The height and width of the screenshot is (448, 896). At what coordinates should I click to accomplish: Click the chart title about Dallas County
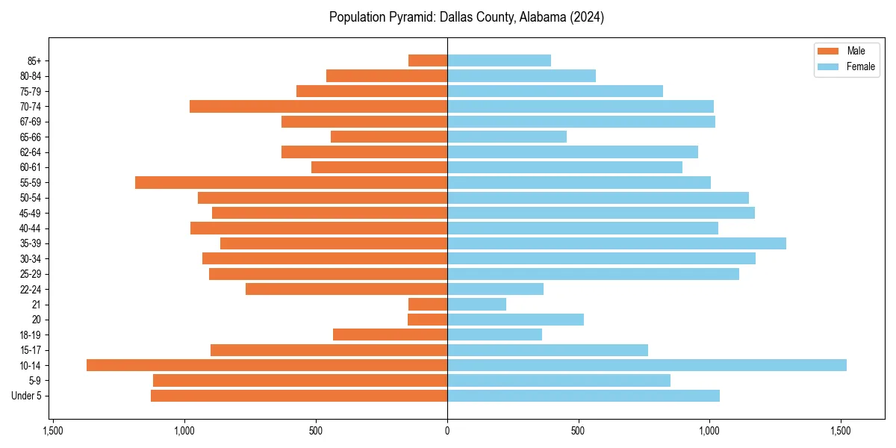point(467,17)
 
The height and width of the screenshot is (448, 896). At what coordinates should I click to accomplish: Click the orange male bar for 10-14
point(267,365)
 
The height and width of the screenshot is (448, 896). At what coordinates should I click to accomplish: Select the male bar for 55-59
point(291,182)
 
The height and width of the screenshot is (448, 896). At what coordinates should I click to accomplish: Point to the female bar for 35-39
point(617,243)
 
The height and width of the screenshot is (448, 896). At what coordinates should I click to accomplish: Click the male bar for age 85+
point(428,60)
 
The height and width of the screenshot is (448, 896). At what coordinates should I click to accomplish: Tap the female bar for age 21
point(476,305)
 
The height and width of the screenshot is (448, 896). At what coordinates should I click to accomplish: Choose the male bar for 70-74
point(318,106)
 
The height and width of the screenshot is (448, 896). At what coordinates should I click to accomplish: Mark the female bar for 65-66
point(507,137)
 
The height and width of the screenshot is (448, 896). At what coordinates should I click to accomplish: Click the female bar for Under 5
point(583,396)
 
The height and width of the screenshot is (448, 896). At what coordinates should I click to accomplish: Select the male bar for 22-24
point(346,289)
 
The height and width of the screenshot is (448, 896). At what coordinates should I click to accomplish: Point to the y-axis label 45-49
point(31,213)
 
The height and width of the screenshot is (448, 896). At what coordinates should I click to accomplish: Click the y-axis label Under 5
point(27,396)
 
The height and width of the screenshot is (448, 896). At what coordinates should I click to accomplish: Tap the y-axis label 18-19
point(31,335)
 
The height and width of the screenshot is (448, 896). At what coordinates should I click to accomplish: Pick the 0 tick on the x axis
point(447,431)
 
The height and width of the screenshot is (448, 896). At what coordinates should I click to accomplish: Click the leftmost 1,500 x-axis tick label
point(53,431)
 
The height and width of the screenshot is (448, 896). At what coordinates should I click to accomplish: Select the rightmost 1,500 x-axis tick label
point(841,431)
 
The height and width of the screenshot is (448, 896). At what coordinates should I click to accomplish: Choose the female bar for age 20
point(515,320)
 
